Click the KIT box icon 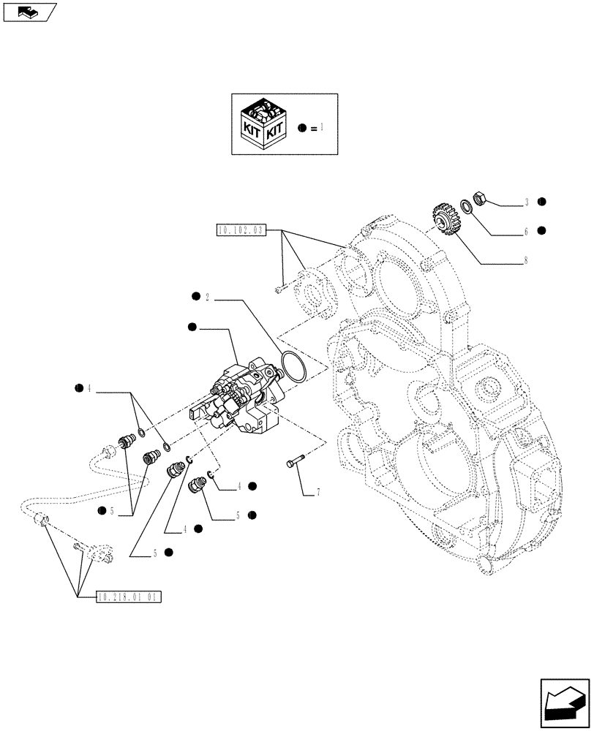click(x=263, y=124)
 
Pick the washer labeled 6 click(x=466, y=207)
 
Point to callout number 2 click(x=208, y=298)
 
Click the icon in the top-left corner click(x=29, y=12)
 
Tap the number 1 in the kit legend click(x=320, y=127)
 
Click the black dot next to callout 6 click(x=542, y=230)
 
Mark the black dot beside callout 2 click(x=195, y=297)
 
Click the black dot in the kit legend click(x=302, y=127)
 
